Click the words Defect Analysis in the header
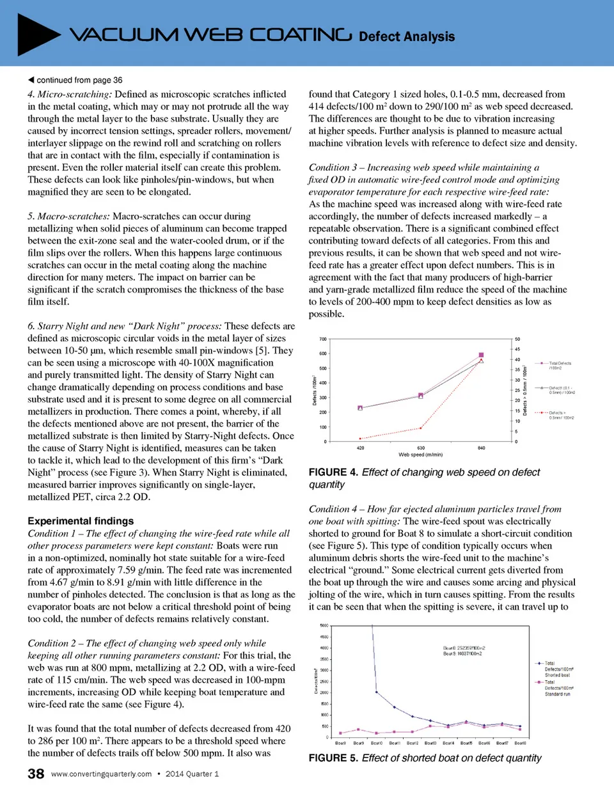tap(407, 36)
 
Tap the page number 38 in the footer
tap(36, 774)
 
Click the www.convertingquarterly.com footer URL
tap(101, 774)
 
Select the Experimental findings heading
tap(81, 521)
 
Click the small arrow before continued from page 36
tap(31, 80)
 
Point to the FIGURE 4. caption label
tap(333, 472)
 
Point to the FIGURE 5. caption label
tap(333, 758)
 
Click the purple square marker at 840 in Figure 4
tap(482, 355)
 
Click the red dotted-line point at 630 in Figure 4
tap(421, 428)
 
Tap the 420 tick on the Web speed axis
tap(360, 448)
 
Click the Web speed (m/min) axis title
tap(420, 455)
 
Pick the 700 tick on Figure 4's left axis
tap(323, 339)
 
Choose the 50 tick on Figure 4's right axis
tap(517, 339)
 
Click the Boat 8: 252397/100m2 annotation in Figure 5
tap(464, 648)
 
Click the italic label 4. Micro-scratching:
tap(70, 94)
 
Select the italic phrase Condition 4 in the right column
tap(333, 509)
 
